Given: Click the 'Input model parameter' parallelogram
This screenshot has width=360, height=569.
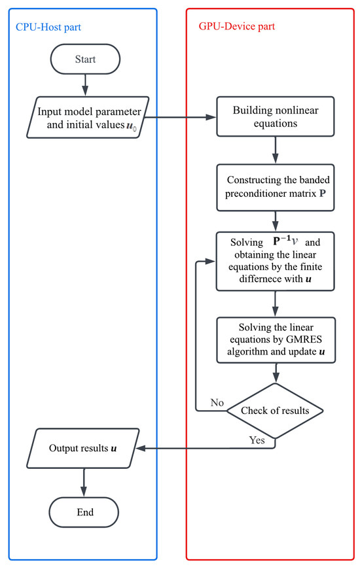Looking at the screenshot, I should [x=84, y=118].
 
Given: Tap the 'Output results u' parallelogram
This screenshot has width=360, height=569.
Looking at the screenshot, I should [x=84, y=449].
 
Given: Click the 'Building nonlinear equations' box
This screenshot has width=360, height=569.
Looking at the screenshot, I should [x=275, y=118].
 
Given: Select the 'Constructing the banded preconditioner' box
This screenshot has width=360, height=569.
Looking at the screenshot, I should [x=275, y=188].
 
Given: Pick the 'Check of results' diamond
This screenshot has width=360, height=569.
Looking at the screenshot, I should [x=275, y=411].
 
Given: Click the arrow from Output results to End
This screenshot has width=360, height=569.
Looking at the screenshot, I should [x=84, y=479].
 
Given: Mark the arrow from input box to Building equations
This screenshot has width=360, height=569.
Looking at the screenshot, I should [x=185, y=118].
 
